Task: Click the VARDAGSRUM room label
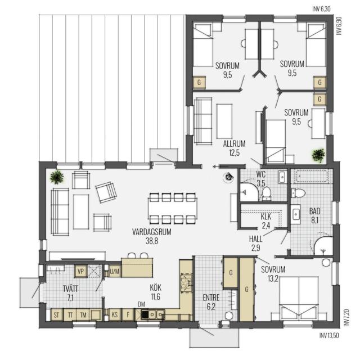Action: pos(151,232)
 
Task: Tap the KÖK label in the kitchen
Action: pos(155,287)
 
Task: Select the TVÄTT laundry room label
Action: pos(70,289)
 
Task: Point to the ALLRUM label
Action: pos(234,144)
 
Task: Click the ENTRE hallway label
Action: pos(211,298)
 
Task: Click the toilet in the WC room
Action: pos(266,193)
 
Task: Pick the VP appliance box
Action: pos(80,271)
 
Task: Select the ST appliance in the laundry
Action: pos(56,315)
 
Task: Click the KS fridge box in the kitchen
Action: pos(115,314)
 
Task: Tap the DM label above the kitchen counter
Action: pos(141,304)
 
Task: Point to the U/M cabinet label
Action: pos(115,272)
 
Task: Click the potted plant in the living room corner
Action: pos(57,177)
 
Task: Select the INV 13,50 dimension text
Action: pos(329,335)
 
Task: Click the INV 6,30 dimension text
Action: pos(321,9)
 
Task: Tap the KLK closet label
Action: pos(266,217)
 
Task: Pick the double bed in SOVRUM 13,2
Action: pos(299,298)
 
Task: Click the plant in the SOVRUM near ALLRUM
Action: pos(318,155)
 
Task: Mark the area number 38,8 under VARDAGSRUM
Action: pos(152,241)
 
